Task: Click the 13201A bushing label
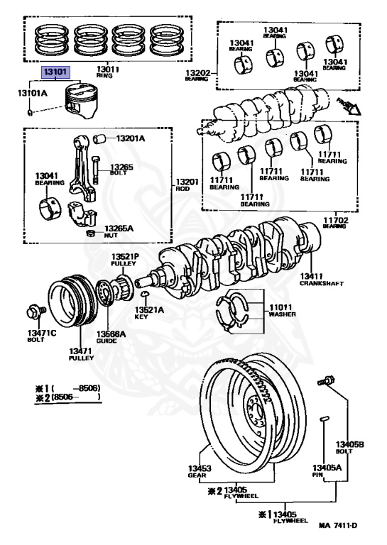130,138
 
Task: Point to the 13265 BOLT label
119,169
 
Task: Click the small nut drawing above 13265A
90,233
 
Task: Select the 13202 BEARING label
195,75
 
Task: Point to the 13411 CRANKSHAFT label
322,279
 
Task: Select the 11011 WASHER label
282,309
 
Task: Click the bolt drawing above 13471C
33,312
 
